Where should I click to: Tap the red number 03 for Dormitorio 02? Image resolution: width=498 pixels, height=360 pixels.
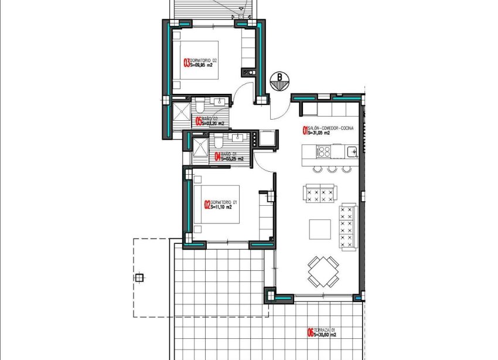point(187,63)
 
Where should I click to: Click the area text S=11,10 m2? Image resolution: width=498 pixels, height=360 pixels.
point(221,207)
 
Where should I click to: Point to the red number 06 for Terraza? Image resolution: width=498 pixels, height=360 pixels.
point(310,333)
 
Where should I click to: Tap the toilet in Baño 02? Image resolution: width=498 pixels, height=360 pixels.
point(200,105)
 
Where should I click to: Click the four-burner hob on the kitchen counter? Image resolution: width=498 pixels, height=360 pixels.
point(323,152)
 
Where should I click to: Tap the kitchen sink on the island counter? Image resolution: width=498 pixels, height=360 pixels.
point(352,152)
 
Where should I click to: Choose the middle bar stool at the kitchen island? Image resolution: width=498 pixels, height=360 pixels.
point(333,169)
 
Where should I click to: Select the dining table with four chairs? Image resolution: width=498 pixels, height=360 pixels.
point(323,271)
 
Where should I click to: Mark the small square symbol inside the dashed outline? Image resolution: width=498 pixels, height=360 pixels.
point(139,278)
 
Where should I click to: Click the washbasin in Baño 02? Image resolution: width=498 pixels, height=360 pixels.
point(221,101)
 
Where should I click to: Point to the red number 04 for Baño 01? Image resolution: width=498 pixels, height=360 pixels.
point(217,157)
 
